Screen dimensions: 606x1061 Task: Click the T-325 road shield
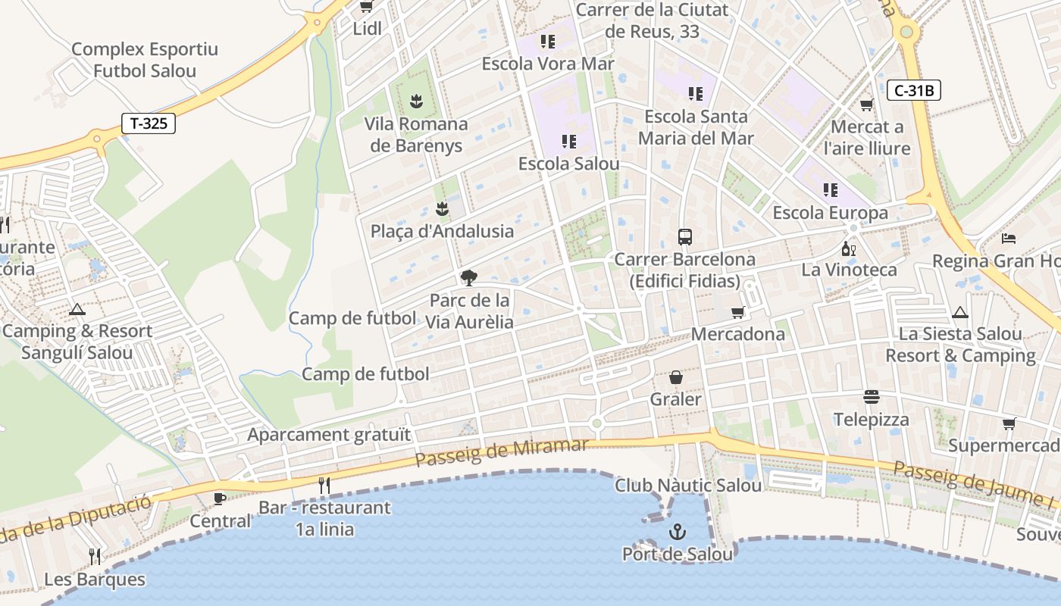point(149,123)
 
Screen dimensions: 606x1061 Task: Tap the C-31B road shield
point(913,91)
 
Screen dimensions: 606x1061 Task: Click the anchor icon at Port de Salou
point(678,533)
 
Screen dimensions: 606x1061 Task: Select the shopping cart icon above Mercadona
point(738,313)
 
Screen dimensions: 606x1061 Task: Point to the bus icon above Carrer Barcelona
point(685,237)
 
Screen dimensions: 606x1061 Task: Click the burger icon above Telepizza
point(871,398)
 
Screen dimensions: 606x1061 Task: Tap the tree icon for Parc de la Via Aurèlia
point(469,278)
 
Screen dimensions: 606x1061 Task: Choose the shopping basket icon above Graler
point(676,377)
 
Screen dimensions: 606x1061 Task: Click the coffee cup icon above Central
point(220,498)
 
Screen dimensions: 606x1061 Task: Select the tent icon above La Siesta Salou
point(960,312)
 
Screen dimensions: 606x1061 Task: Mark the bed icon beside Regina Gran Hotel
point(1009,239)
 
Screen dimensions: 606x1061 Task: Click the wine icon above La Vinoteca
point(849,248)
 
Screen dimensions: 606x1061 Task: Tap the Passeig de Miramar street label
point(502,452)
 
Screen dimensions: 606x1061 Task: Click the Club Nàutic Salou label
point(687,486)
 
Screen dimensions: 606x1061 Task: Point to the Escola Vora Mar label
point(548,64)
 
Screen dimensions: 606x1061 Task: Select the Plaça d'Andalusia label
point(442,231)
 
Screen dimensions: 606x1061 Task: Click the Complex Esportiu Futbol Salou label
point(144,60)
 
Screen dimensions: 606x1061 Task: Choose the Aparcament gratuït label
point(329,435)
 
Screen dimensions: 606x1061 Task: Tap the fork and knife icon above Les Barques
point(95,557)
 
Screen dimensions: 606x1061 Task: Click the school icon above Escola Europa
point(830,189)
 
